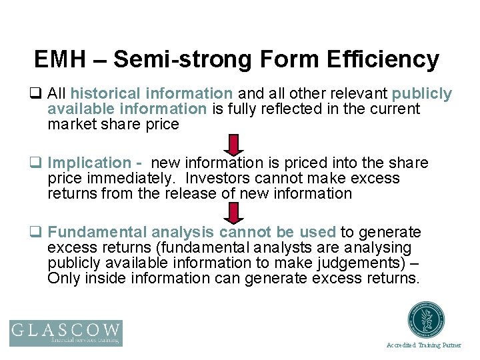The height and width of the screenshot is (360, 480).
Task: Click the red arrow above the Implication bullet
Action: coord(234,144)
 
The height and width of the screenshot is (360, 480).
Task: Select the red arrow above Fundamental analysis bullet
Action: coord(234,213)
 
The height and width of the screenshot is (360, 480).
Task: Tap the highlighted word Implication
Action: coord(89,163)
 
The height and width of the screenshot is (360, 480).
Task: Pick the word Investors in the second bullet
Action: coord(217,179)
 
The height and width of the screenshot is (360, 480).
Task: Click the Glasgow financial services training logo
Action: coord(66,333)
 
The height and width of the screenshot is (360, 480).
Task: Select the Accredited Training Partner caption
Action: coord(424,345)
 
